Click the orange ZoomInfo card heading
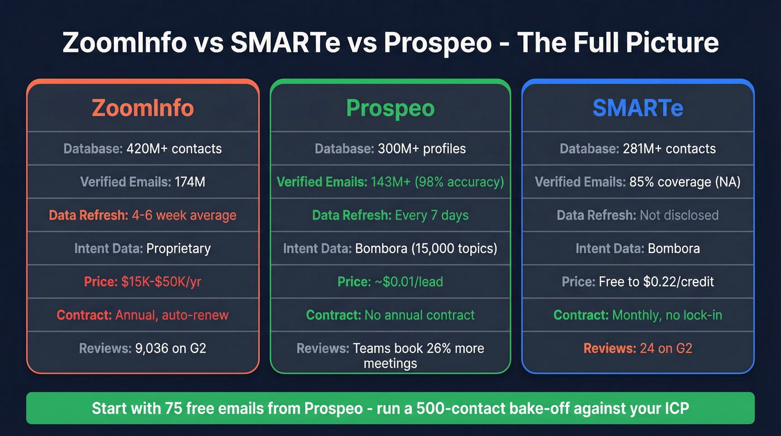click(x=143, y=108)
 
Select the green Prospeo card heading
click(x=390, y=108)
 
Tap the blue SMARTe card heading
click(x=638, y=108)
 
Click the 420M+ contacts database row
click(x=143, y=148)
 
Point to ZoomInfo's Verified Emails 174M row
click(x=143, y=181)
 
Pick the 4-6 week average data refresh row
click(x=143, y=215)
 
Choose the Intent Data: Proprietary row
click(x=143, y=248)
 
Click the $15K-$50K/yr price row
click(x=143, y=281)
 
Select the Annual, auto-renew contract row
click(x=143, y=315)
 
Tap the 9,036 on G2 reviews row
click(x=143, y=348)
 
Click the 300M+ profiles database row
click(x=390, y=148)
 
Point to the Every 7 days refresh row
click(x=390, y=215)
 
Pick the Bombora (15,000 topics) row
click(x=390, y=248)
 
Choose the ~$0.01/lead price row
click(x=390, y=281)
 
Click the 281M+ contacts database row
click(x=638, y=148)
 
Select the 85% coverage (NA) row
click(x=638, y=181)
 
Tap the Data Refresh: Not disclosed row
click(x=638, y=215)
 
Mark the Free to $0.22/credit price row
click(x=638, y=281)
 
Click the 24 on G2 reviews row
click(x=638, y=348)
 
